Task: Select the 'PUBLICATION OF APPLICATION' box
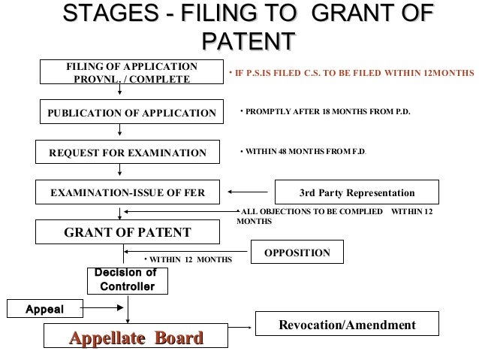pyautogui.click(x=131, y=113)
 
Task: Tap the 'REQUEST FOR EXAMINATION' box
pyautogui.click(x=127, y=153)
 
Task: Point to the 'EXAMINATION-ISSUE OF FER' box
pyautogui.click(x=127, y=192)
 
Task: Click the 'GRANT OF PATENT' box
pyautogui.click(x=127, y=231)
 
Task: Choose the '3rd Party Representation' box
pyautogui.click(x=357, y=192)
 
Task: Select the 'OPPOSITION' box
pyautogui.click(x=297, y=253)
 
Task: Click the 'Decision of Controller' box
pyautogui.click(x=127, y=280)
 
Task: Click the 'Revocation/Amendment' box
pyautogui.click(x=346, y=325)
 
